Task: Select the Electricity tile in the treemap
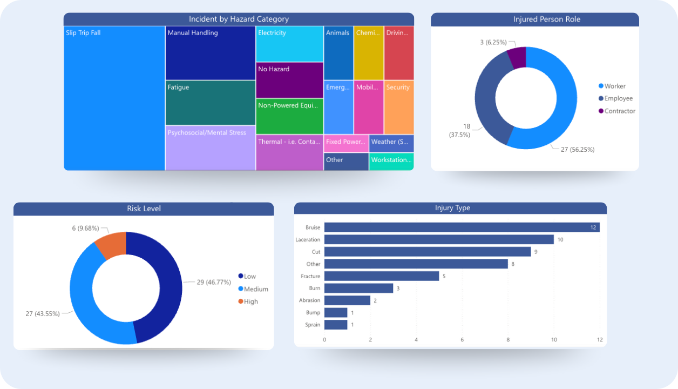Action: [289, 44]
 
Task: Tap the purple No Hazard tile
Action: [289, 80]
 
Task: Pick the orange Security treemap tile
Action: [399, 107]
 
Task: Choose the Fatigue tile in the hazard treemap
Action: [210, 103]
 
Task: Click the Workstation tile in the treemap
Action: [391, 161]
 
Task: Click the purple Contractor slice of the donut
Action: [517, 57]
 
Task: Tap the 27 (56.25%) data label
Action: [577, 150]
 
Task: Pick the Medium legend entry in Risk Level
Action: [255, 289]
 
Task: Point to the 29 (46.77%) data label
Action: [214, 282]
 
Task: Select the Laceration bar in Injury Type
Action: [438, 239]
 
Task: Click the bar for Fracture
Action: [381, 276]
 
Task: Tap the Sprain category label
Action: [313, 325]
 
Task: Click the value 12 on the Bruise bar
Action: [593, 227]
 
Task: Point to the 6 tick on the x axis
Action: [462, 340]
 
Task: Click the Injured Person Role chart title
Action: [534, 19]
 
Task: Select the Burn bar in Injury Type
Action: [358, 289]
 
